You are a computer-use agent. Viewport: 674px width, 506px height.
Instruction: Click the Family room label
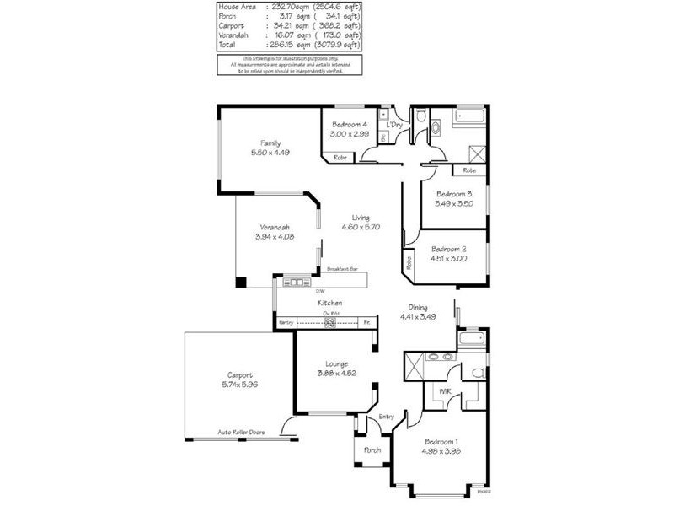(270, 143)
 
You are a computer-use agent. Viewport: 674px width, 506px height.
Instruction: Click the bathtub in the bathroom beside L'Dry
(468, 118)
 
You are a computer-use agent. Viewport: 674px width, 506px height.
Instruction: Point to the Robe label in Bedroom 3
(468, 170)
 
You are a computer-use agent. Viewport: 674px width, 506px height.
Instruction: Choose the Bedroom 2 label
(448, 250)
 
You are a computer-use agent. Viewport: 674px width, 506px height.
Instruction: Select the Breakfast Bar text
(342, 270)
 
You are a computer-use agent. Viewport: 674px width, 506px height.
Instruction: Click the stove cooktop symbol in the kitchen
(331, 322)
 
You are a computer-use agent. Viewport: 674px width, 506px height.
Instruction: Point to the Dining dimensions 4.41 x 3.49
(418, 317)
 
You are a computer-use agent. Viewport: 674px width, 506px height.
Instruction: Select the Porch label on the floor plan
(372, 450)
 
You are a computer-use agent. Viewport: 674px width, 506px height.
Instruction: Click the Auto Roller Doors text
(242, 432)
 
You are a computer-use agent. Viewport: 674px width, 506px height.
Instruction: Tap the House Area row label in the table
(238, 7)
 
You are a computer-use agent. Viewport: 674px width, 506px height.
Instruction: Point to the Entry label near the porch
(387, 417)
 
